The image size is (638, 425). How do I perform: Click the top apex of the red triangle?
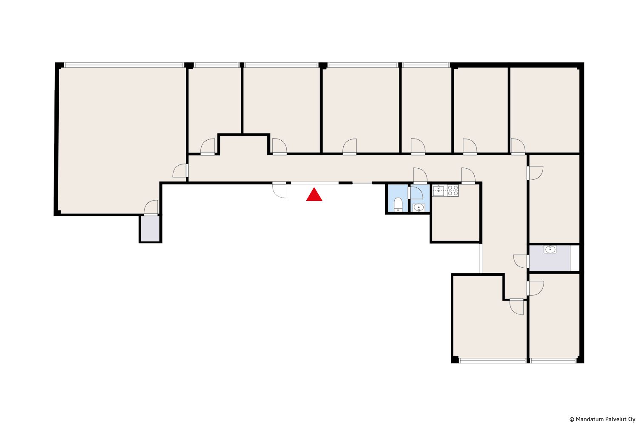coord(314,187)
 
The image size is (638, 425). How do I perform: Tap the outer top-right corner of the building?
coord(584,62)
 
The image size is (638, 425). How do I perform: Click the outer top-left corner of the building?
coord(55,62)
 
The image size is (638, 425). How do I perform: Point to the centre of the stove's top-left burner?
coord(450,187)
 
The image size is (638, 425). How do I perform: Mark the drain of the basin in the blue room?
coord(419,207)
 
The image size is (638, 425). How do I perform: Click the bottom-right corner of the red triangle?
coord(322,201)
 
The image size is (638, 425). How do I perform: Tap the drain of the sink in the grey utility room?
coord(550,249)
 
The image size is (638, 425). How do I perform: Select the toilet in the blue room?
coord(398,205)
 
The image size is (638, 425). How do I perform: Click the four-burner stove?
coord(453,190)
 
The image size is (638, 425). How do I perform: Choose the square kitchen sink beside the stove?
coord(439,191)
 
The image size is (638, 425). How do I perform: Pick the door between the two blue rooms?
coord(416,193)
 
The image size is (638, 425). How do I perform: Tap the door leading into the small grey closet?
coord(151,208)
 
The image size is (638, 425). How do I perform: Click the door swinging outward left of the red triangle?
coord(279,190)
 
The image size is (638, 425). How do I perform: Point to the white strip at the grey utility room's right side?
coord(575,258)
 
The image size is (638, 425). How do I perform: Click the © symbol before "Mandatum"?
coord(572,419)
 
